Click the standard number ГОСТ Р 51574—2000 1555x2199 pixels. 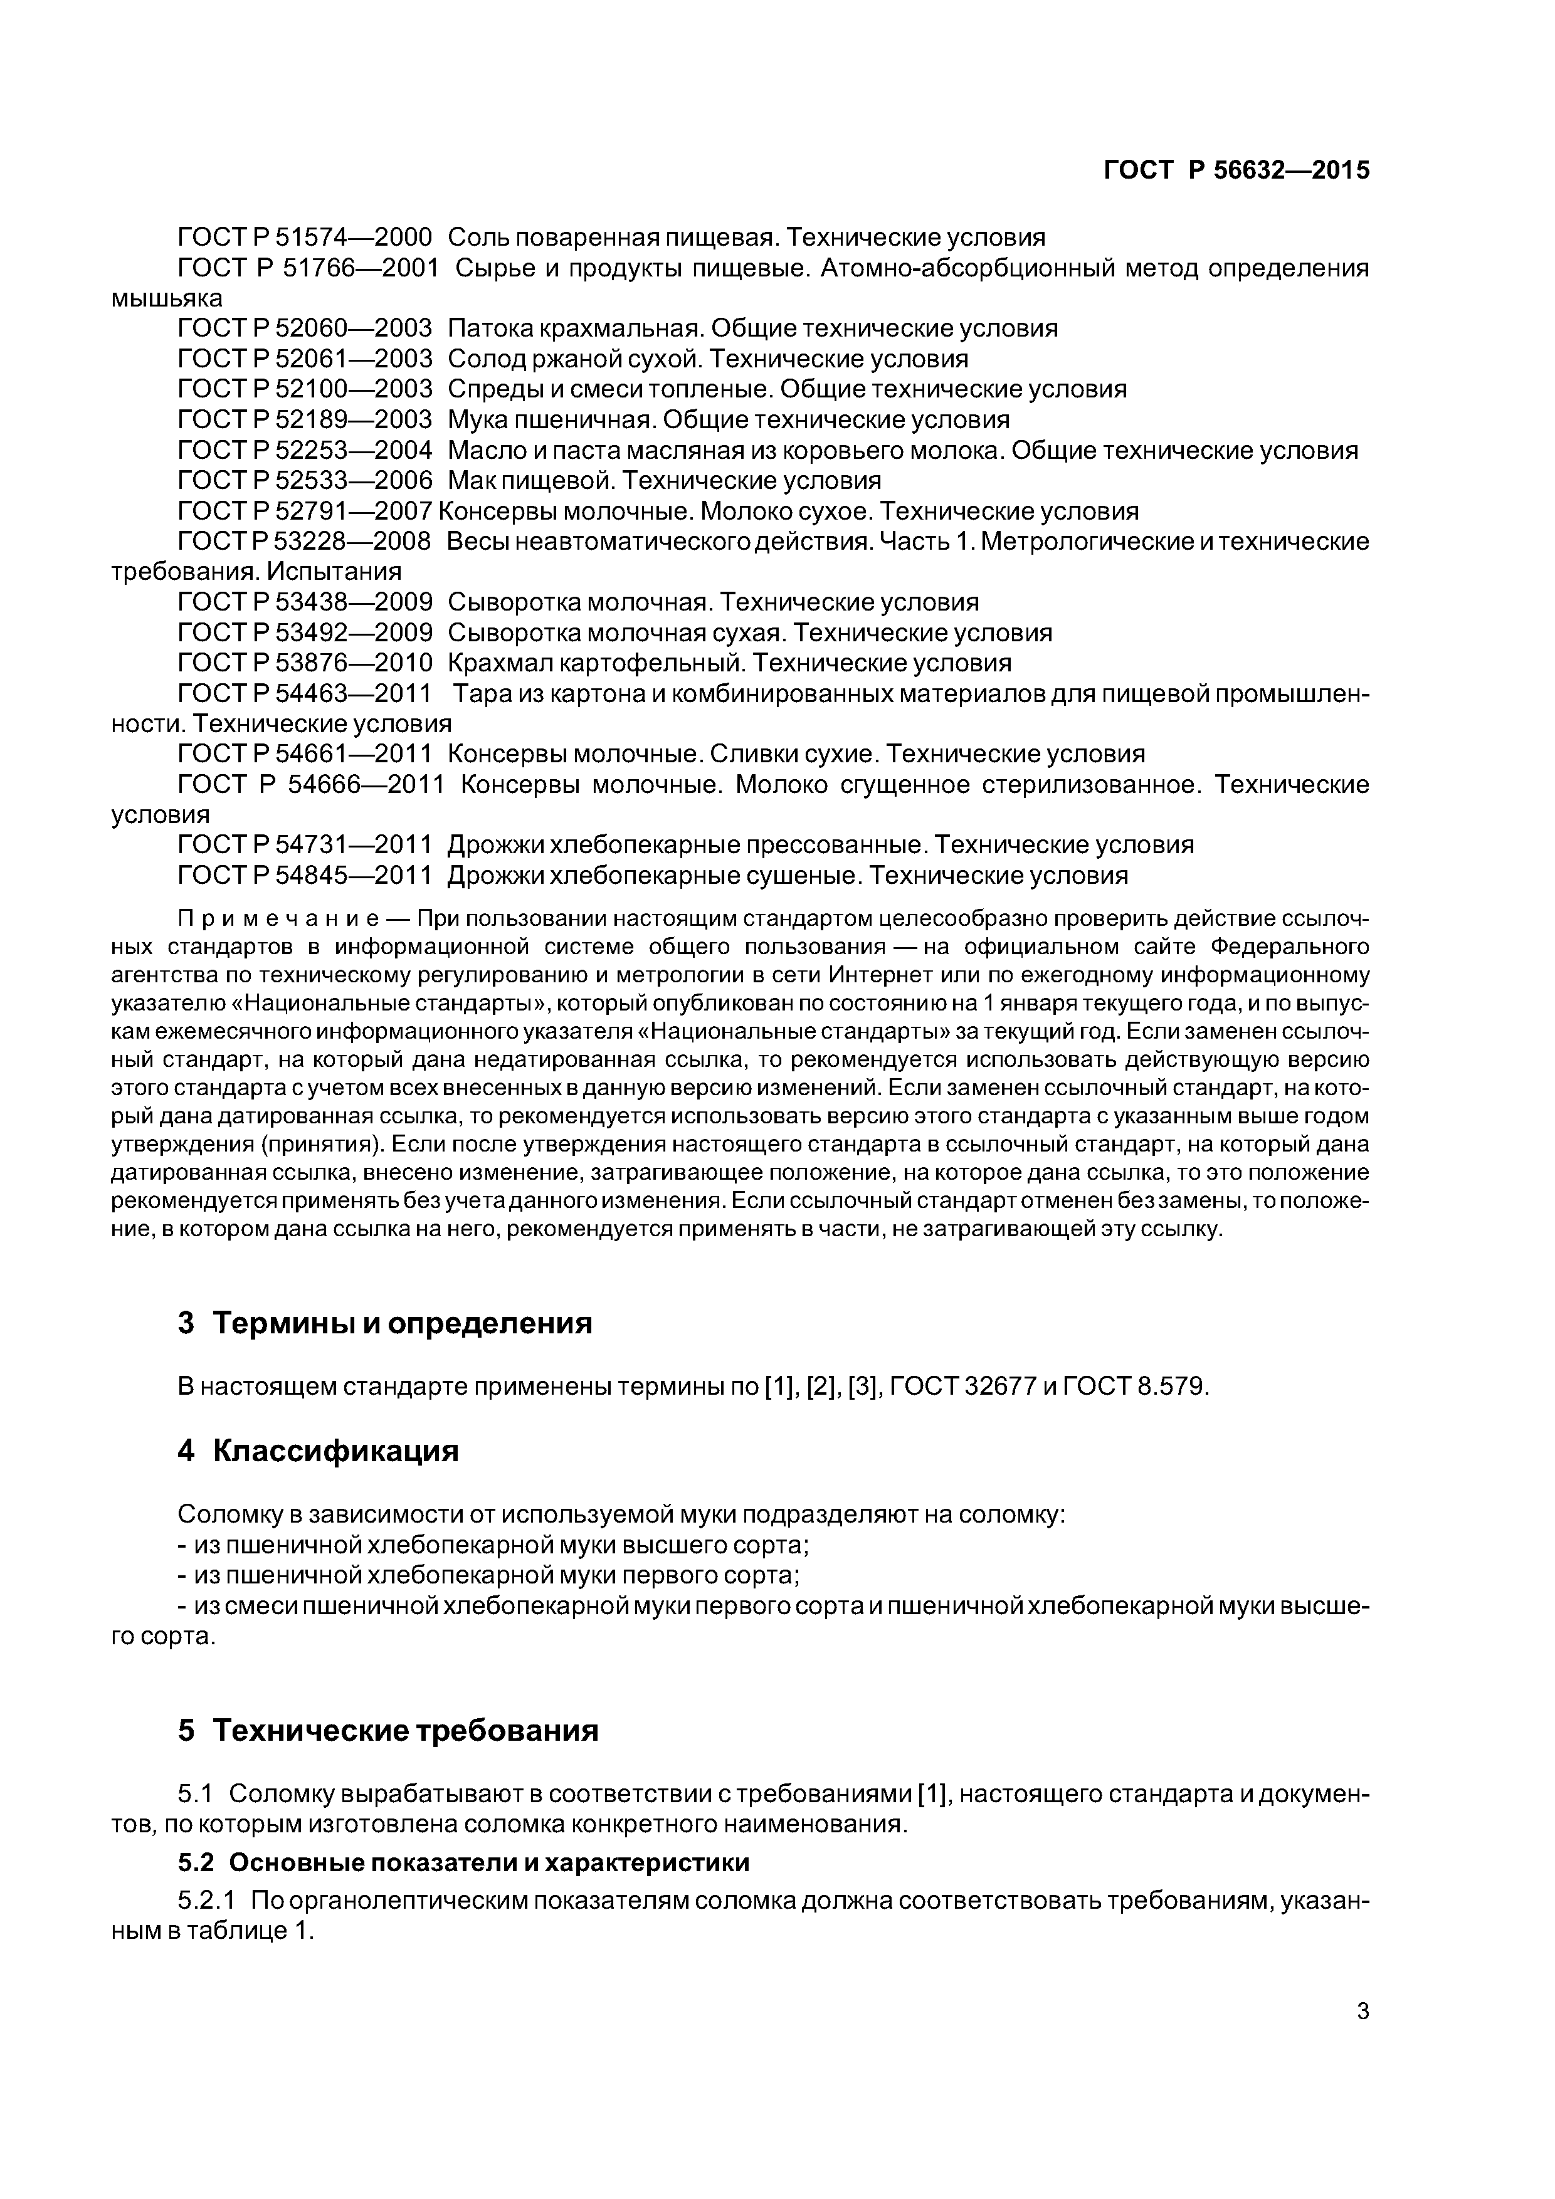pos(305,236)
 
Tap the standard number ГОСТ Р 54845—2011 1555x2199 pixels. pos(305,875)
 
